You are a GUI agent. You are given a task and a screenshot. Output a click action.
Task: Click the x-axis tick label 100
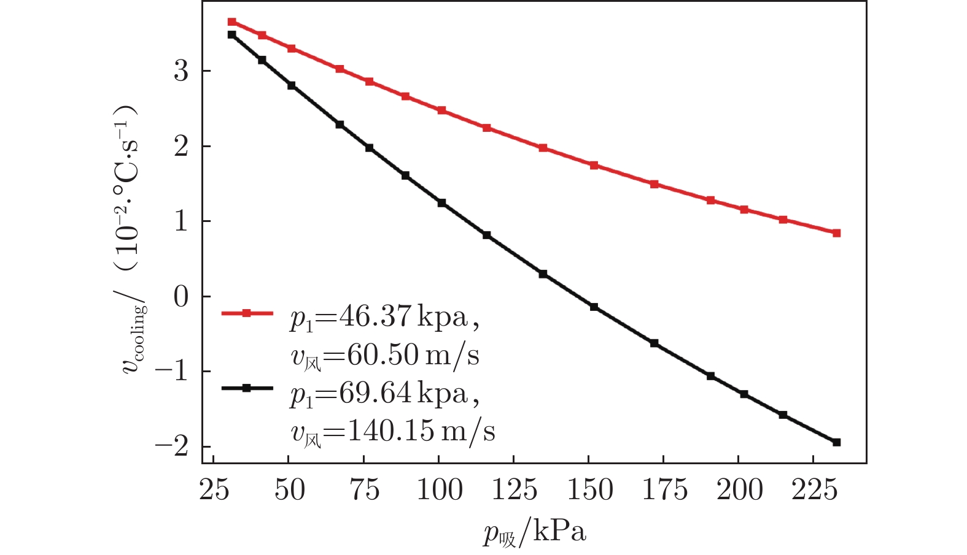point(439,490)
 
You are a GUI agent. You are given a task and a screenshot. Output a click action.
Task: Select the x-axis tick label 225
point(814,490)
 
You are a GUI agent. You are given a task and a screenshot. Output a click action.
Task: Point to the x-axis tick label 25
point(214,490)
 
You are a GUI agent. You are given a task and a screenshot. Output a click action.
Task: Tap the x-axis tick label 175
point(664,490)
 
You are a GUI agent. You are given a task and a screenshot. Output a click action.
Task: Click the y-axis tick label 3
point(181,71)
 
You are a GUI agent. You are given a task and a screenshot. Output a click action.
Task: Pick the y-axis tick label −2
point(172,446)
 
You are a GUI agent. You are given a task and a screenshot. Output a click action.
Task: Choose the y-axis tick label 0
point(181,297)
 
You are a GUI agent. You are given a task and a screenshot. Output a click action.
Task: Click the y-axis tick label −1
point(172,372)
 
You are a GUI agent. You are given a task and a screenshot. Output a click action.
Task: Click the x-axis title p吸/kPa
point(534,532)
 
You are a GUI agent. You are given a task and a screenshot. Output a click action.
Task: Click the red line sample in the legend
point(247,313)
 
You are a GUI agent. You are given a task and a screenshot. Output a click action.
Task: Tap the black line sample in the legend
point(247,388)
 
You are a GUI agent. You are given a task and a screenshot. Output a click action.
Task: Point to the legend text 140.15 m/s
point(393,431)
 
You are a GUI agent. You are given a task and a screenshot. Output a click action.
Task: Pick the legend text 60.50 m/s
point(385,356)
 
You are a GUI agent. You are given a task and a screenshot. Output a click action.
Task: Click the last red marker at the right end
point(836,233)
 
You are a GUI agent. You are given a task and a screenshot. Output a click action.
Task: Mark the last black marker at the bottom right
point(836,442)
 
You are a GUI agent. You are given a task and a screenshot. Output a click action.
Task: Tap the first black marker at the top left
point(231,35)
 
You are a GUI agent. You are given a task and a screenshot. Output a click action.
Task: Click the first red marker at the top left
point(231,22)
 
